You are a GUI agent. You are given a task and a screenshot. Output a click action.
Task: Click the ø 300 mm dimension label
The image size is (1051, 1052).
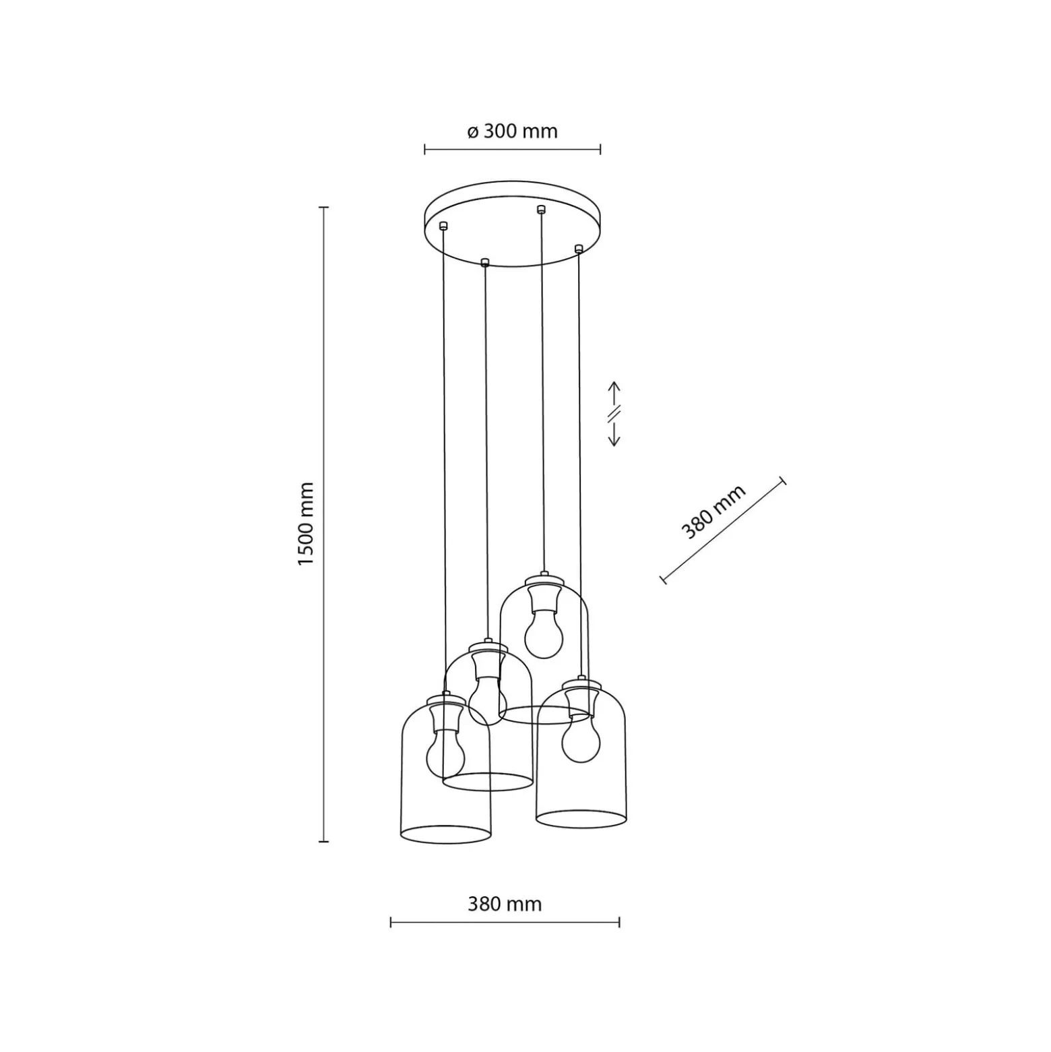point(513,131)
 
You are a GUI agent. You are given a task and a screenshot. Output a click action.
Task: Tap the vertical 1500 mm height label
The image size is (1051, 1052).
point(307,524)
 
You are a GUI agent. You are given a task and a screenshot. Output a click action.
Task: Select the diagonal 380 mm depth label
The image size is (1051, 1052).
point(713,512)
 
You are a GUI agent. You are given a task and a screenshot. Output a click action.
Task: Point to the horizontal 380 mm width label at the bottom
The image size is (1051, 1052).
point(505,904)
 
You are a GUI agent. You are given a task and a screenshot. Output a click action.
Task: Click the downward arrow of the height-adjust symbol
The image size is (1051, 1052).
point(614,432)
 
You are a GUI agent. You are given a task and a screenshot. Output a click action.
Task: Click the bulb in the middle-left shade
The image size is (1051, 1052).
point(487,701)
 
